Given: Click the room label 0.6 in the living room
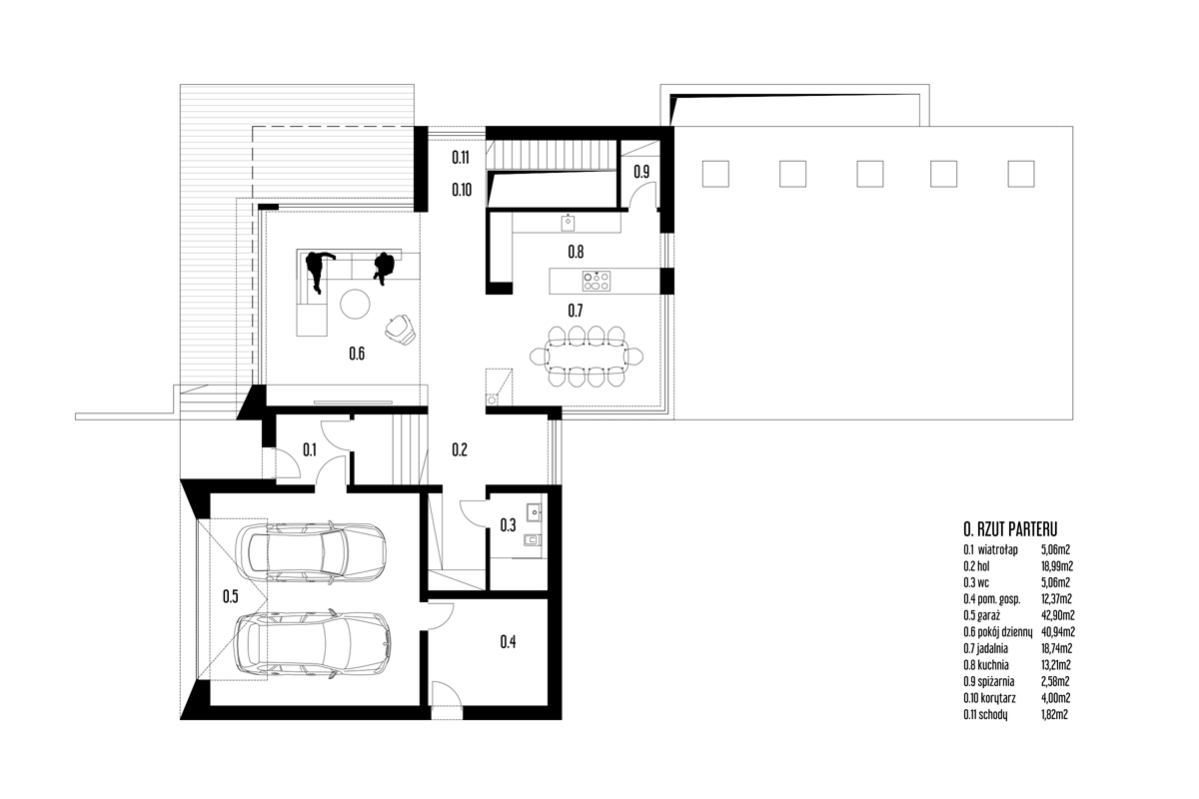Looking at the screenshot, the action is coord(357,354).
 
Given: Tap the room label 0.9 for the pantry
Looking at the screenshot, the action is coord(641,172).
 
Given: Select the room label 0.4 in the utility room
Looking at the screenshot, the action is coord(508,641).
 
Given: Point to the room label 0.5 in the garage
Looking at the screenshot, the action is coord(231,596).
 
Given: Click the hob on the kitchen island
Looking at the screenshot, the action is coord(597,281).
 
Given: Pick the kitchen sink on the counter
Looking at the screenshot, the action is coord(568,222).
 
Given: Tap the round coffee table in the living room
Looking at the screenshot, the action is coord(355,304).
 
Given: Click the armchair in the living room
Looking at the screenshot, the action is coord(401,330).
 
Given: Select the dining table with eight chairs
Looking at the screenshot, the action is coord(587,356).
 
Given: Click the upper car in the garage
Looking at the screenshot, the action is coord(311,552).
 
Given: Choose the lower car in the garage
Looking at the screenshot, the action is coord(313,645).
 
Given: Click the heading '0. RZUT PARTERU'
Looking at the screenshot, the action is coord(1010,529).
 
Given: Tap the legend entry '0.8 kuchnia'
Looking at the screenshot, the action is coord(986,665).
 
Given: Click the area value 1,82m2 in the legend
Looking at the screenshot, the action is coord(1054,714).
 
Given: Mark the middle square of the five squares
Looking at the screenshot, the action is coord(870,174).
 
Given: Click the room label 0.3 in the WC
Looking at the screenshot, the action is coord(508,525).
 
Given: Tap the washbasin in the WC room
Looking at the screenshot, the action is coord(535,512).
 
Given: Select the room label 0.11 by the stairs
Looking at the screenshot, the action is coord(461,157).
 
